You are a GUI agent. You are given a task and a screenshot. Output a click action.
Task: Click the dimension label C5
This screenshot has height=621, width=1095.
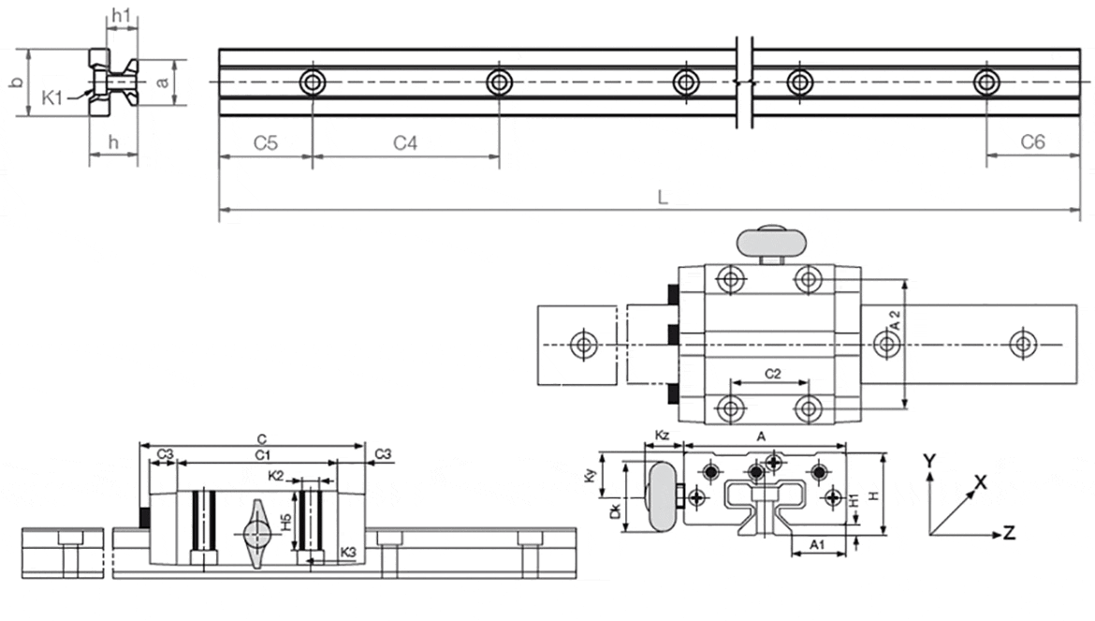(x=266, y=143)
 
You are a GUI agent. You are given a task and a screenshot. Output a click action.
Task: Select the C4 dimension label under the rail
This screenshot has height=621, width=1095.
(x=404, y=143)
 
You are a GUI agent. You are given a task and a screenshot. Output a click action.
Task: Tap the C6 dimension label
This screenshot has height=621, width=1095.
(x=1032, y=142)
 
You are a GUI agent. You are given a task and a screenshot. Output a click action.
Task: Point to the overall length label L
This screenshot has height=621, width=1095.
(x=662, y=198)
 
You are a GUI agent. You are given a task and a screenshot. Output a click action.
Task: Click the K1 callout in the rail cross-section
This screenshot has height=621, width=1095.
(x=53, y=96)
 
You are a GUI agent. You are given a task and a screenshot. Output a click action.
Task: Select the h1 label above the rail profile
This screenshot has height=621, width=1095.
(x=121, y=15)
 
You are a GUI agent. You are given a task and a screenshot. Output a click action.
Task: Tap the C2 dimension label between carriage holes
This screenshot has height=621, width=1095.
(x=772, y=374)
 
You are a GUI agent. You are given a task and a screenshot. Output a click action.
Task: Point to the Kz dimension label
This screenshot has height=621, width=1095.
(x=662, y=436)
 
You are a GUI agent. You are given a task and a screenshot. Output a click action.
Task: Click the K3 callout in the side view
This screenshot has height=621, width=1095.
(x=348, y=552)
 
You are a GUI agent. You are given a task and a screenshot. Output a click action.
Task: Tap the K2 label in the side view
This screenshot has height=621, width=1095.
(x=276, y=476)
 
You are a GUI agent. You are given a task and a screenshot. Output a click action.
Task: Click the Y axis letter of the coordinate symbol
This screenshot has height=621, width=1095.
(x=928, y=461)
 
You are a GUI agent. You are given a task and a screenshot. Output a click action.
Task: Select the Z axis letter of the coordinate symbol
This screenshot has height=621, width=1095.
(x=1009, y=533)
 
